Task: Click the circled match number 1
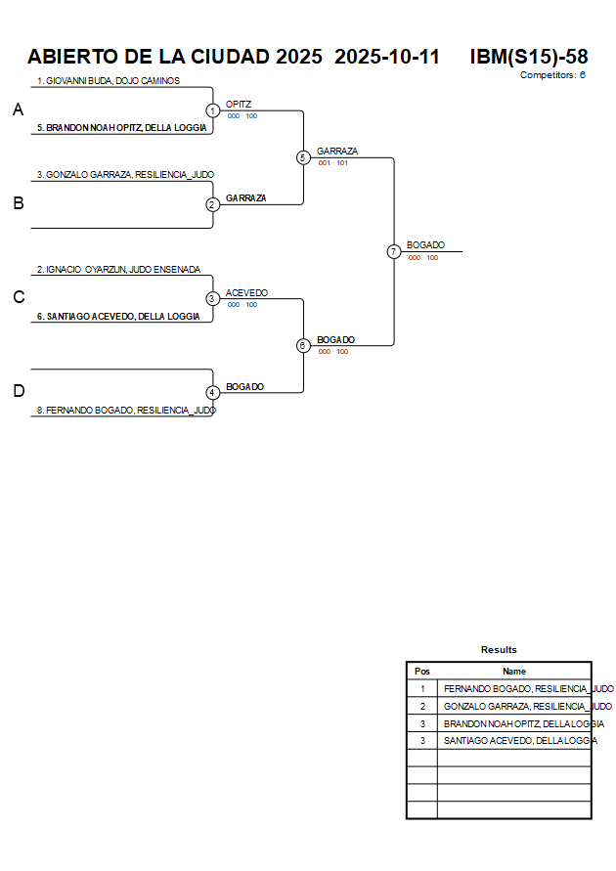pyautogui.click(x=212, y=110)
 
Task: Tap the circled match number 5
pyautogui.click(x=303, y=157)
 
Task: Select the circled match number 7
pyautogui.click(x=393, y=251)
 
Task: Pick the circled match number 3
pyautogui.click(x=212, y=298)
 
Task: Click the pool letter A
pyautogui.click(x=18, y=110)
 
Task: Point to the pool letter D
pyautogui.click(x=18, y=391)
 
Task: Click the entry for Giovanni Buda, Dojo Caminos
pyautogui.click(x=109, y=81)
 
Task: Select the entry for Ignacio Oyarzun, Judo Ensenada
pyautogui.click(x=118, y=269)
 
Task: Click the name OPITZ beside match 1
pyautogui.click(x=239, y=104)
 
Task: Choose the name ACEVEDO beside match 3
pyautogui.click(x=246, y=292)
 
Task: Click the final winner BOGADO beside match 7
pyautogui.click(x=425, y=245)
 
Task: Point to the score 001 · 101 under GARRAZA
pyautogui.click(x=333, y=163)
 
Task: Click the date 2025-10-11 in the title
pyautogui.click(x=387, y=57)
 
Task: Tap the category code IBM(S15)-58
pyautogui.click(x=529, y=57)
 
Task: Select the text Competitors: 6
pyautogui.click(x=552, y=75)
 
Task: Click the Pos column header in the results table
pyautogui.click(x=422, y=672)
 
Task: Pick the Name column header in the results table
pyautogui.click(x=514, y=672)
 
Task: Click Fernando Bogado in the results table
pyautogui.click(x=528, y=689)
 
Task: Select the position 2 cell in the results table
pyautogui.click(x=422, y=706)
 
